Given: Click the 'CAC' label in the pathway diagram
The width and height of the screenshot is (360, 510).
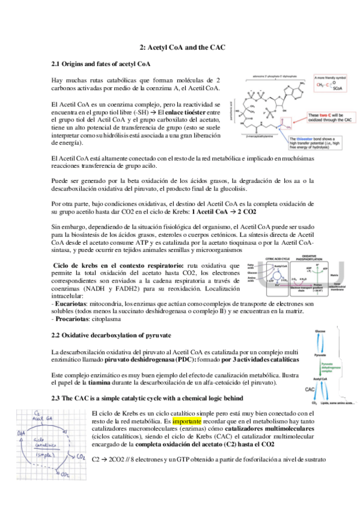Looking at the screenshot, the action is coord(311,390).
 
